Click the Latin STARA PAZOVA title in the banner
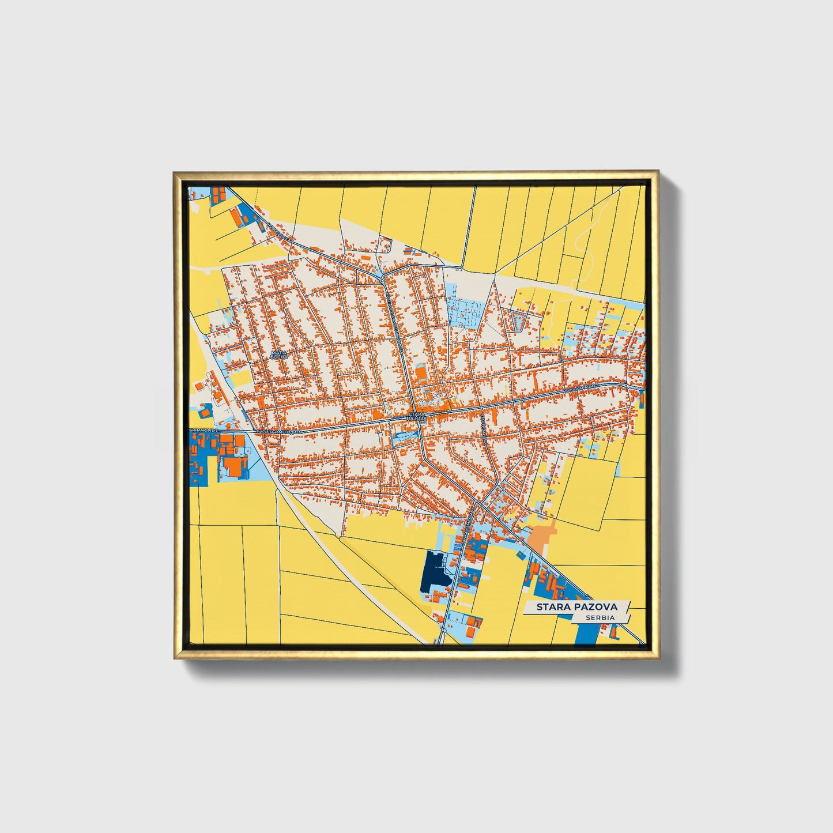tap(576, 606)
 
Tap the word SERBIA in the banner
tap(599, 617)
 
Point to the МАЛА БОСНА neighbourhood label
tap(278, 355)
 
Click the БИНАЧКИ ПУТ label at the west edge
tap(205, 431)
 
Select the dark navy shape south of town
tap(435, 571)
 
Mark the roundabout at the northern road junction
tap(383, 281)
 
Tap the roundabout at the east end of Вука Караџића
tap(627, 385)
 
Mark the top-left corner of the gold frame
tap(175, 172)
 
